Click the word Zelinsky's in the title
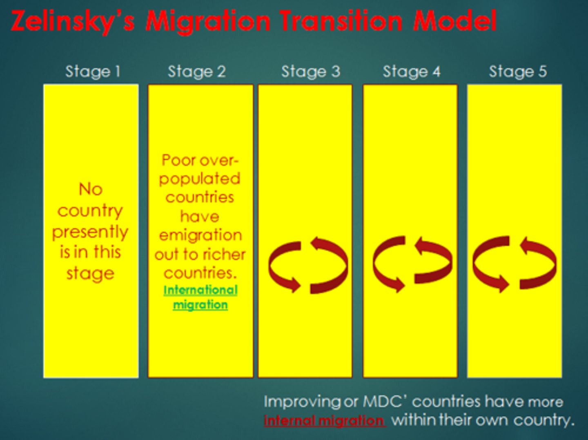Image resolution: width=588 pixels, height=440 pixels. click(73, 21)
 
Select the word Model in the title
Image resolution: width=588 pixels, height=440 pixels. click(455, 21)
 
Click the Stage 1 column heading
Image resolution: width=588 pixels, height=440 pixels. click(93, 71)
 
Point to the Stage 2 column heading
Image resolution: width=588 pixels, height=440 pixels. click(197, 71)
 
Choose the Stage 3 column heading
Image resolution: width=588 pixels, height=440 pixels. click(310, 71)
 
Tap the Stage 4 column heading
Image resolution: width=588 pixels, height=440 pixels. click(412, 71)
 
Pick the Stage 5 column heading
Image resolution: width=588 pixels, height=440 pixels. click(518, 71)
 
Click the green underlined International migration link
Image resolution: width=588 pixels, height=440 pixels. click(200, 297)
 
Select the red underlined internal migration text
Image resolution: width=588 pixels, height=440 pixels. click(324, 420)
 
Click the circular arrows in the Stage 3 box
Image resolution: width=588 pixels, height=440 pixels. click(308, 266)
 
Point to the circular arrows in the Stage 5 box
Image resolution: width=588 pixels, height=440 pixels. click(514, 264)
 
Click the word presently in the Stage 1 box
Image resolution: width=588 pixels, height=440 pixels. click(90, 232)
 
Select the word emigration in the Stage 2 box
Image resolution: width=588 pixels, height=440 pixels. click(200, 235)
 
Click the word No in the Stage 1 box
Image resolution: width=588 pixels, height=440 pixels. click(90, 189)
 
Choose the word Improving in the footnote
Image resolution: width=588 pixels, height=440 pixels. click(302, 402)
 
